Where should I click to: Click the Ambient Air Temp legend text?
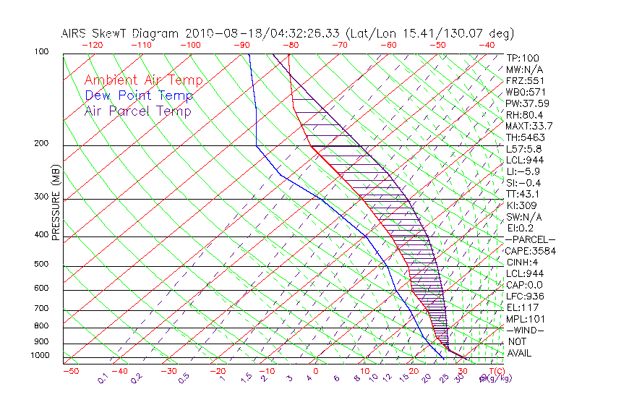click(x=143, y=80)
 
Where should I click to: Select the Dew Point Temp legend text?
click(x=139, y=95)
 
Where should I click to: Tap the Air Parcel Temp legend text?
click(x=137, y=111)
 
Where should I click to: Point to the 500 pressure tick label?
click(x=41, y=265)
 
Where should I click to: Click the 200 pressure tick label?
click(x=41, y=144)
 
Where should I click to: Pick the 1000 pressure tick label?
click(x=39, y=356)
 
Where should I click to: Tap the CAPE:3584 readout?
click(x=530, y=251)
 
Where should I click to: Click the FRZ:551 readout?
click(x=526, y=81)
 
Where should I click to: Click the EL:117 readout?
click(x=523, y=307)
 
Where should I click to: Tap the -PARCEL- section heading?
click(x=530, y=239)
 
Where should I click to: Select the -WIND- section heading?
click(x=525, y=330)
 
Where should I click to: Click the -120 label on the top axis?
click(x=92, y=45)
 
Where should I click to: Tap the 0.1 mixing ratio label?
click(x=102, y=377)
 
